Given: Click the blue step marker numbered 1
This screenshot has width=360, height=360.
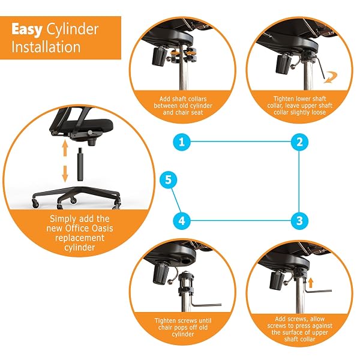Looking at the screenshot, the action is point(182,142).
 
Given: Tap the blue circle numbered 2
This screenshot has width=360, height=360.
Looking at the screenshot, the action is point(299,142).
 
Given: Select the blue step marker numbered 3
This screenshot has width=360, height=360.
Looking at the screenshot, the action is point(299,221).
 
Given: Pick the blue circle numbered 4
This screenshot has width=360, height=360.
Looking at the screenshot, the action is point(182,221).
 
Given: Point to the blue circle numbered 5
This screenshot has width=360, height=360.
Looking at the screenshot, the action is point(168,180).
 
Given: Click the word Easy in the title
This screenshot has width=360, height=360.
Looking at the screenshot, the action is point(27,30).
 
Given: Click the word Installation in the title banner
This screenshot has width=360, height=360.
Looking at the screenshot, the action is point(46,47).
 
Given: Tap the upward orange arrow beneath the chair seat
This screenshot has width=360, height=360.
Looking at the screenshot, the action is point(65,148).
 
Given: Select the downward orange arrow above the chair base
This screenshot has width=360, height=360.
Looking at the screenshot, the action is point(65,173).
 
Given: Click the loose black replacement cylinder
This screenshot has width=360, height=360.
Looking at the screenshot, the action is point(80,164).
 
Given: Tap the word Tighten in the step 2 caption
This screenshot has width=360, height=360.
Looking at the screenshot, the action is point(284,99).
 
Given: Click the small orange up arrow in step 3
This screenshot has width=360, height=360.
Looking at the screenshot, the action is point(310,283).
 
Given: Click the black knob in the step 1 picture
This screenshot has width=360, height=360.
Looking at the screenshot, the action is point(159,56).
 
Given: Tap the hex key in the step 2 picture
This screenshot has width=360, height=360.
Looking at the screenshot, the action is point(320,68).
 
